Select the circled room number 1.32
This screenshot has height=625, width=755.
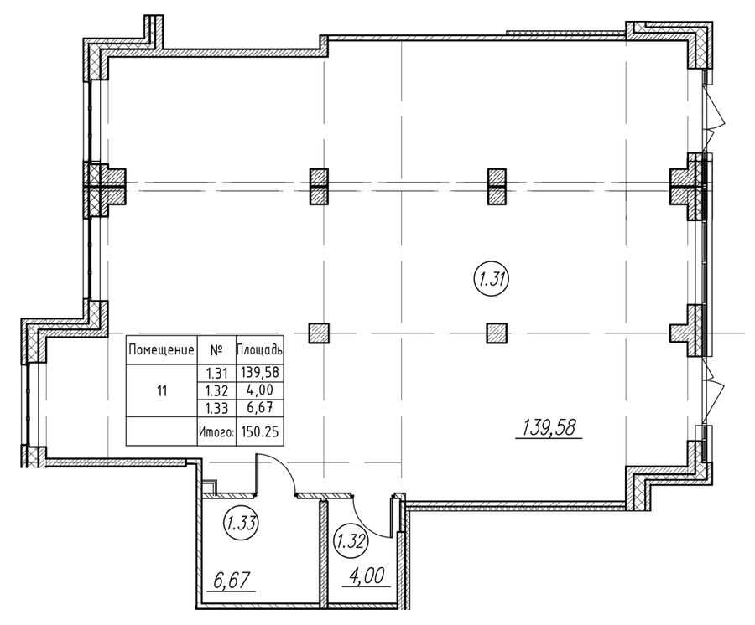[x=351, y=542]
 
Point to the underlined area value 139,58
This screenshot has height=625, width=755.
[x=549, y=427]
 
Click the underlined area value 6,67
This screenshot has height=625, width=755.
[x=232, y=581]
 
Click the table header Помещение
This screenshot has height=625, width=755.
[x=161, y=350]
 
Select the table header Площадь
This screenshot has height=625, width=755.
[x=259, y=350]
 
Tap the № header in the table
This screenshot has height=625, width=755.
[x=216, y=350]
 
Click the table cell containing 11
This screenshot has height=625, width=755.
[x=162, y=391]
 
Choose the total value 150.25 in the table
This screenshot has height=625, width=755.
[x=261, y=431]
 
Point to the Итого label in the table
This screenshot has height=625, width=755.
[x=216, y=431]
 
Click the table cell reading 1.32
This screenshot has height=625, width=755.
[x=216, y=390]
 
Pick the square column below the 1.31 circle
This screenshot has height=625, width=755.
[x=497, y=333]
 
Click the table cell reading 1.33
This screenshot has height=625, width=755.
[x=216, y=408]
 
